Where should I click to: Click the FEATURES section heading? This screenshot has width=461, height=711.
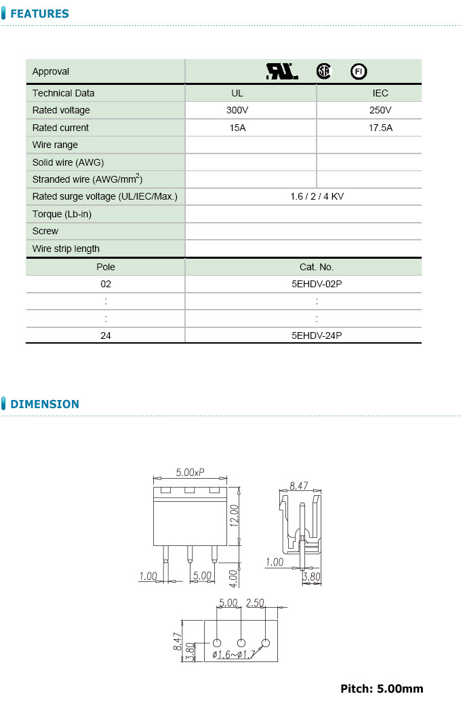point(39,14)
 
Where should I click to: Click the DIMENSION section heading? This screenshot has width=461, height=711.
point(45,404)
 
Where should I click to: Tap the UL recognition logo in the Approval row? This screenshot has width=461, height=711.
point(281,71)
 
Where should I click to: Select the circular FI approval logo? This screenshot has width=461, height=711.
point(358,71)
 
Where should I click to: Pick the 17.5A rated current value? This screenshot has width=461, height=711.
point(380,128)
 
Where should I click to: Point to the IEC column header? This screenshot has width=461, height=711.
point(380,93)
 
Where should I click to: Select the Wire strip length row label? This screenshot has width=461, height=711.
point(66,249)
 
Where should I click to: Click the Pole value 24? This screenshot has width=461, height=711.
point(106,335)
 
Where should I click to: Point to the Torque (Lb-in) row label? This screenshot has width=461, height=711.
point(62,214)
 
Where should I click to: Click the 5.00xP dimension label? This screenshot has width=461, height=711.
point(190,472)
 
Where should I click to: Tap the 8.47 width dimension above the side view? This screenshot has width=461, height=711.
point(298,486)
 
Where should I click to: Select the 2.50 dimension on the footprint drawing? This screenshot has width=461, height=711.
point(255,603)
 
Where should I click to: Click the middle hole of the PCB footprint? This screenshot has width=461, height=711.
point(241,643)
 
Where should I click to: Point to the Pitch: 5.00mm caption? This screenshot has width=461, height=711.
point(382,689)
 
